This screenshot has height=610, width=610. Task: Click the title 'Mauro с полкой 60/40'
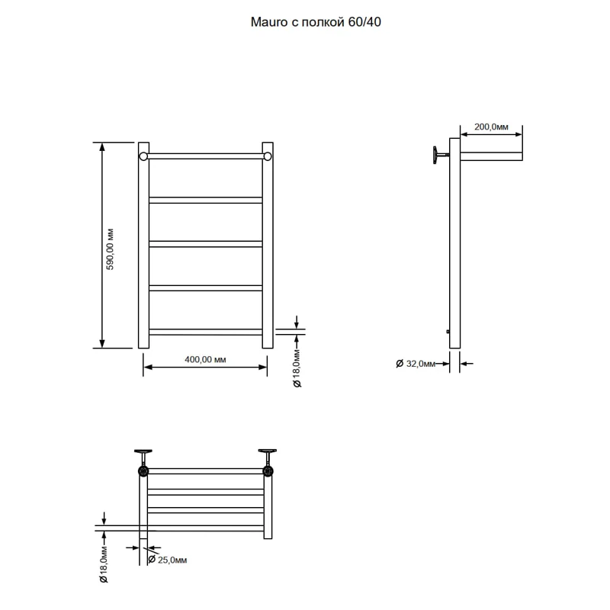316,22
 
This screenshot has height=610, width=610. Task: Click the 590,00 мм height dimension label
110,249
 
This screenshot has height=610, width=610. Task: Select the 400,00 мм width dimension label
205,359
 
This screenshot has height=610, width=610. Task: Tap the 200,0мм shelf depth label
491,127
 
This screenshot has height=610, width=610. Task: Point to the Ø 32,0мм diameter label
415,364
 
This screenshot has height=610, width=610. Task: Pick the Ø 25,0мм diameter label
168,560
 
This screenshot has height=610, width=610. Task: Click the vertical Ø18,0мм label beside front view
297,368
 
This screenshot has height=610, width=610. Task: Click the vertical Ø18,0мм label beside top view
103,564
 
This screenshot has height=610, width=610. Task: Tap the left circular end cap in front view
143,156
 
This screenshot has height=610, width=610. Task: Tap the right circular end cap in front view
268,156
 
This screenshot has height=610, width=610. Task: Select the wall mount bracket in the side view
441,156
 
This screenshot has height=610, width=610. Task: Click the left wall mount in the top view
143,463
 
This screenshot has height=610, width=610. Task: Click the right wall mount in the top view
268,463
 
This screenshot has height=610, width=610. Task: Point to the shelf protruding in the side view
491,156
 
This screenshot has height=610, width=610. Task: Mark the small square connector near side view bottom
448,332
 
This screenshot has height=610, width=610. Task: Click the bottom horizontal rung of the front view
205,332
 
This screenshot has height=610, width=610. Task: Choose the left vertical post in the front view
143,245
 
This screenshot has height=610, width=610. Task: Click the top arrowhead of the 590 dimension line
102,146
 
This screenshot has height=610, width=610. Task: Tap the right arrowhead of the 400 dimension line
263,367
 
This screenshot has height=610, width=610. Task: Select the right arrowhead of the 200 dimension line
518,135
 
